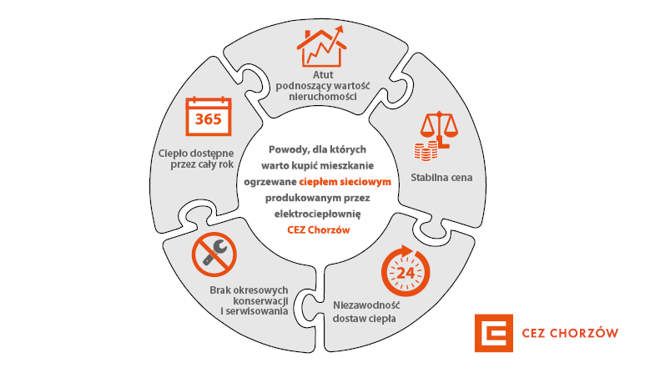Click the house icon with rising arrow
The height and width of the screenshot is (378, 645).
click(322, 47)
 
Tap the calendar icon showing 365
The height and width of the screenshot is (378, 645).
click(209, 116)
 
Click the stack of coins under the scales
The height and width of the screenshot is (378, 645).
click(426, 150)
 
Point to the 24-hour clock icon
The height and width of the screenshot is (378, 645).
click(406, 271)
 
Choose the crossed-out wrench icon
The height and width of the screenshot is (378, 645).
click(214, 255)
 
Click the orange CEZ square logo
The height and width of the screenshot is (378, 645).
click(494, 333)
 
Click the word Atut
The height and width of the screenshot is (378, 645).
click(323, 75)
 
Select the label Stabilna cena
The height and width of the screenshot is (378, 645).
click(441, 178)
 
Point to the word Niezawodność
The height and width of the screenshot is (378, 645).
click(366, 305)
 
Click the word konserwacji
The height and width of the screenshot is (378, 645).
click(260, 300)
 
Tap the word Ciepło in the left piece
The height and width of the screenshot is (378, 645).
click(172, 154)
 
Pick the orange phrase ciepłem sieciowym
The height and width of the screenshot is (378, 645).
click(345, 181)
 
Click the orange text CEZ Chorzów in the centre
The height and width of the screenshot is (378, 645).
click(319, 229)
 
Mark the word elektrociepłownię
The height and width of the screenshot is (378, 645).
click(318, 214)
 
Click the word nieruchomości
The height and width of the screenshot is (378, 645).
click(322, 97)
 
